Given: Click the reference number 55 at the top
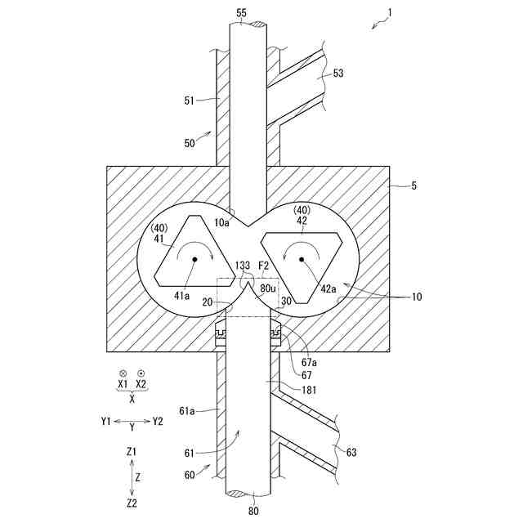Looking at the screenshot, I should [x=240, y=14].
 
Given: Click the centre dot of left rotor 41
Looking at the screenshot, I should [x=194, y=259].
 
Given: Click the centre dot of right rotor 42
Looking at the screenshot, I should [x=302, y=259].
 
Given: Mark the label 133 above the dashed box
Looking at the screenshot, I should [x=243, y=266].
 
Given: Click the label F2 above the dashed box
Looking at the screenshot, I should [x=264, y=266].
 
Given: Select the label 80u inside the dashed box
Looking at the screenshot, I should [x=268, y=288].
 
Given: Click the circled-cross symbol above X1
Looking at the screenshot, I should [x=123, y=371].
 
